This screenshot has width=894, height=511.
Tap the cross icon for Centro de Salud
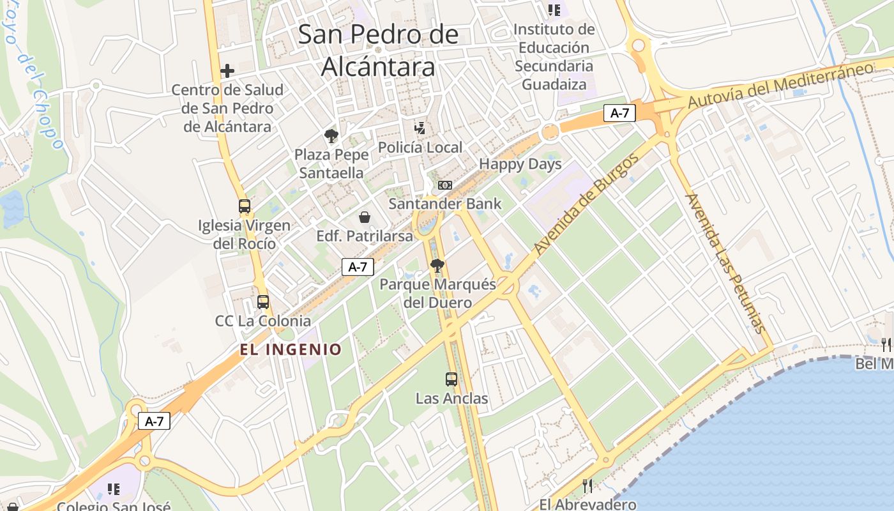pos(227,71)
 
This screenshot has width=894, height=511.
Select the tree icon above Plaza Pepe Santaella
pos(331,135)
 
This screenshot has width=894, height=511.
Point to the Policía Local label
pos(420,148)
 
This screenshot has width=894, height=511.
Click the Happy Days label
pos(520,164)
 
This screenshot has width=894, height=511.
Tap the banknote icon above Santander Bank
pos(444,185)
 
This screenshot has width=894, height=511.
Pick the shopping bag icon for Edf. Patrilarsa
pos(364,217)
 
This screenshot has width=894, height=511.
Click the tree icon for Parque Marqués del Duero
pos(437,266)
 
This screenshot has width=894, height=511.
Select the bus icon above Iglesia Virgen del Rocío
pos(245,206)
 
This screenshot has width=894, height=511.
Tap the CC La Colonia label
pos(263,321)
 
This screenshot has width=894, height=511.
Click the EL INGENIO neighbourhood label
pos(291,349)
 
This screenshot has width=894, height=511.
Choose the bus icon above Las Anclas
pos(451,379)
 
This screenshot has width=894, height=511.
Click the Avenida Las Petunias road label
pos(725,263)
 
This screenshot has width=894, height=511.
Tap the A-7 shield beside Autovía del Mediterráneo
pos(619,113)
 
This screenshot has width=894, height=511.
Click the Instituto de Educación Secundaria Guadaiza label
pos(554,56)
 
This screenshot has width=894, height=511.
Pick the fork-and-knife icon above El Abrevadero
pos(587,486)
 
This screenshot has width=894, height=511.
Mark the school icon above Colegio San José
pos(114,489)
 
